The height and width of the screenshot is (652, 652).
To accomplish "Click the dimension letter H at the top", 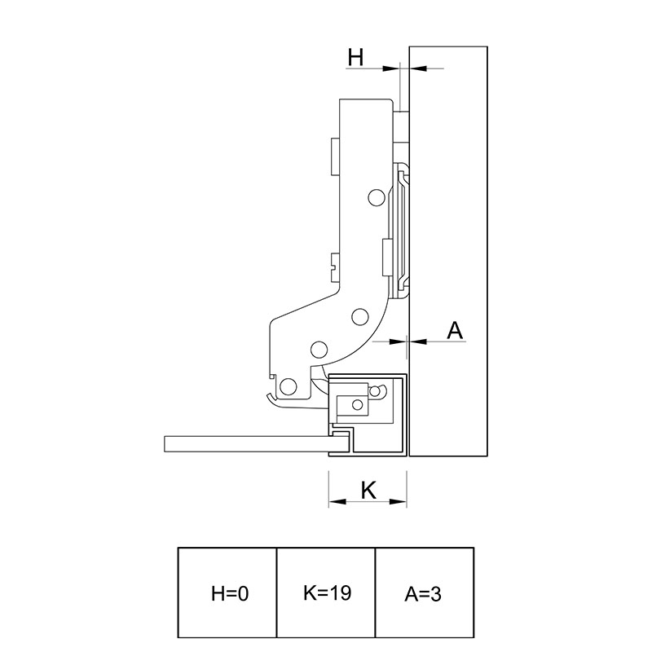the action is point(355,57).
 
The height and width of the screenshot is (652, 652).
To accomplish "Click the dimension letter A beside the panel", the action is point(455,331).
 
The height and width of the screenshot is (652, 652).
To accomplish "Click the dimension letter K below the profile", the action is point(368,490).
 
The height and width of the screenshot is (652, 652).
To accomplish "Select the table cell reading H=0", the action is point(227,593).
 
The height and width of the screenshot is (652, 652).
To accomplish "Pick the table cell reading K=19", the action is point(326,593).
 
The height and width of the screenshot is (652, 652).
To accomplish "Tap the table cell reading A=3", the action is point(425,593).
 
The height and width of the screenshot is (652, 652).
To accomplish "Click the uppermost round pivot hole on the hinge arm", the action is point(377,197).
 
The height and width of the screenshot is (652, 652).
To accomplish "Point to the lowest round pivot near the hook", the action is point(289,386).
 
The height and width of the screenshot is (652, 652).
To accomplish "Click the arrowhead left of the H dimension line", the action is point(390,68).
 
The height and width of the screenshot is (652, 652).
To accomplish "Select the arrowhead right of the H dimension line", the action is point(418,68).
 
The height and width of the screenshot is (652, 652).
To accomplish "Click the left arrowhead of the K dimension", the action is point(337,501).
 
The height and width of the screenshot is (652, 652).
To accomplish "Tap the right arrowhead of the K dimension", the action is point(398,501).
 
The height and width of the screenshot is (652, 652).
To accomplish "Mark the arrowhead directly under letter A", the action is point(418,341).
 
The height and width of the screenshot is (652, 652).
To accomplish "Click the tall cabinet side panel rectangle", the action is point(448,251).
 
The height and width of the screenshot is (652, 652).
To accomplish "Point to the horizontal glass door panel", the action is point(257,444).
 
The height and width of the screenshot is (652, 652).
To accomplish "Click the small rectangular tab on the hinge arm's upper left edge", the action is point(335,156).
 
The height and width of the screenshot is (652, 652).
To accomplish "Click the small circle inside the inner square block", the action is point(357,404).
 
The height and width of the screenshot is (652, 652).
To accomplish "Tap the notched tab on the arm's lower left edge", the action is point(335,267).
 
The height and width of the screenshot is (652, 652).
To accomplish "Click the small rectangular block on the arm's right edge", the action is point(388,258).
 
